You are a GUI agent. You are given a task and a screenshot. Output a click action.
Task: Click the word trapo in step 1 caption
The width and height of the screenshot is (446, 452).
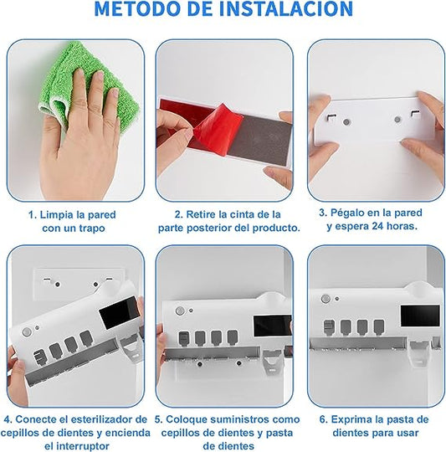pos(92,229)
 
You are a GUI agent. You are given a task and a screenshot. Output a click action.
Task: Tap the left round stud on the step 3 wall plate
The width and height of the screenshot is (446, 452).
pos(346,122)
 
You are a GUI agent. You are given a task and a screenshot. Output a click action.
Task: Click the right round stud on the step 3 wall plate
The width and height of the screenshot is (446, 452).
pos(397,120)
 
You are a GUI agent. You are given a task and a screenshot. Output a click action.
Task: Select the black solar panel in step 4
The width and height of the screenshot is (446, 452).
pos(120,312)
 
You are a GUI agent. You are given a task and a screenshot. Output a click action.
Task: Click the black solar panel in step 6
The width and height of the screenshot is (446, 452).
pos(420,316)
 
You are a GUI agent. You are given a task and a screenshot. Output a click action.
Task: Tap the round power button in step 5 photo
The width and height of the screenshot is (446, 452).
pos(180,311)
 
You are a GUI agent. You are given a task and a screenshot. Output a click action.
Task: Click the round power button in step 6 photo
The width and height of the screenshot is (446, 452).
pos(326,299)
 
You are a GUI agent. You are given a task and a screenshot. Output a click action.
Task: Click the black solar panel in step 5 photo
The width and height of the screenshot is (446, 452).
pos(273,326)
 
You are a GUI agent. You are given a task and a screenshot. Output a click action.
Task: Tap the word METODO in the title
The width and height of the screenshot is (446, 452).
pos(139,8)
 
